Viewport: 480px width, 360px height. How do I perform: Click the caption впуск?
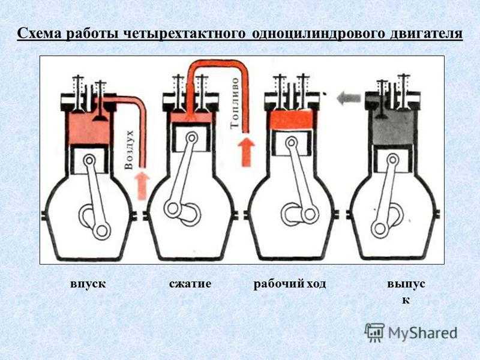click(x=88, y=283)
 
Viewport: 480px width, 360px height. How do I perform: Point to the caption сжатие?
click(x=190, y=283)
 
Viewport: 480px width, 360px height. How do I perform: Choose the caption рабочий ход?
click(x=289, y=283)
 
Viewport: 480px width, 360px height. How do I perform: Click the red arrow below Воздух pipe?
click(x=142, y=184)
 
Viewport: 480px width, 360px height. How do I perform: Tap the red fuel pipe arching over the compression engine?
click(x=216, y=65)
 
